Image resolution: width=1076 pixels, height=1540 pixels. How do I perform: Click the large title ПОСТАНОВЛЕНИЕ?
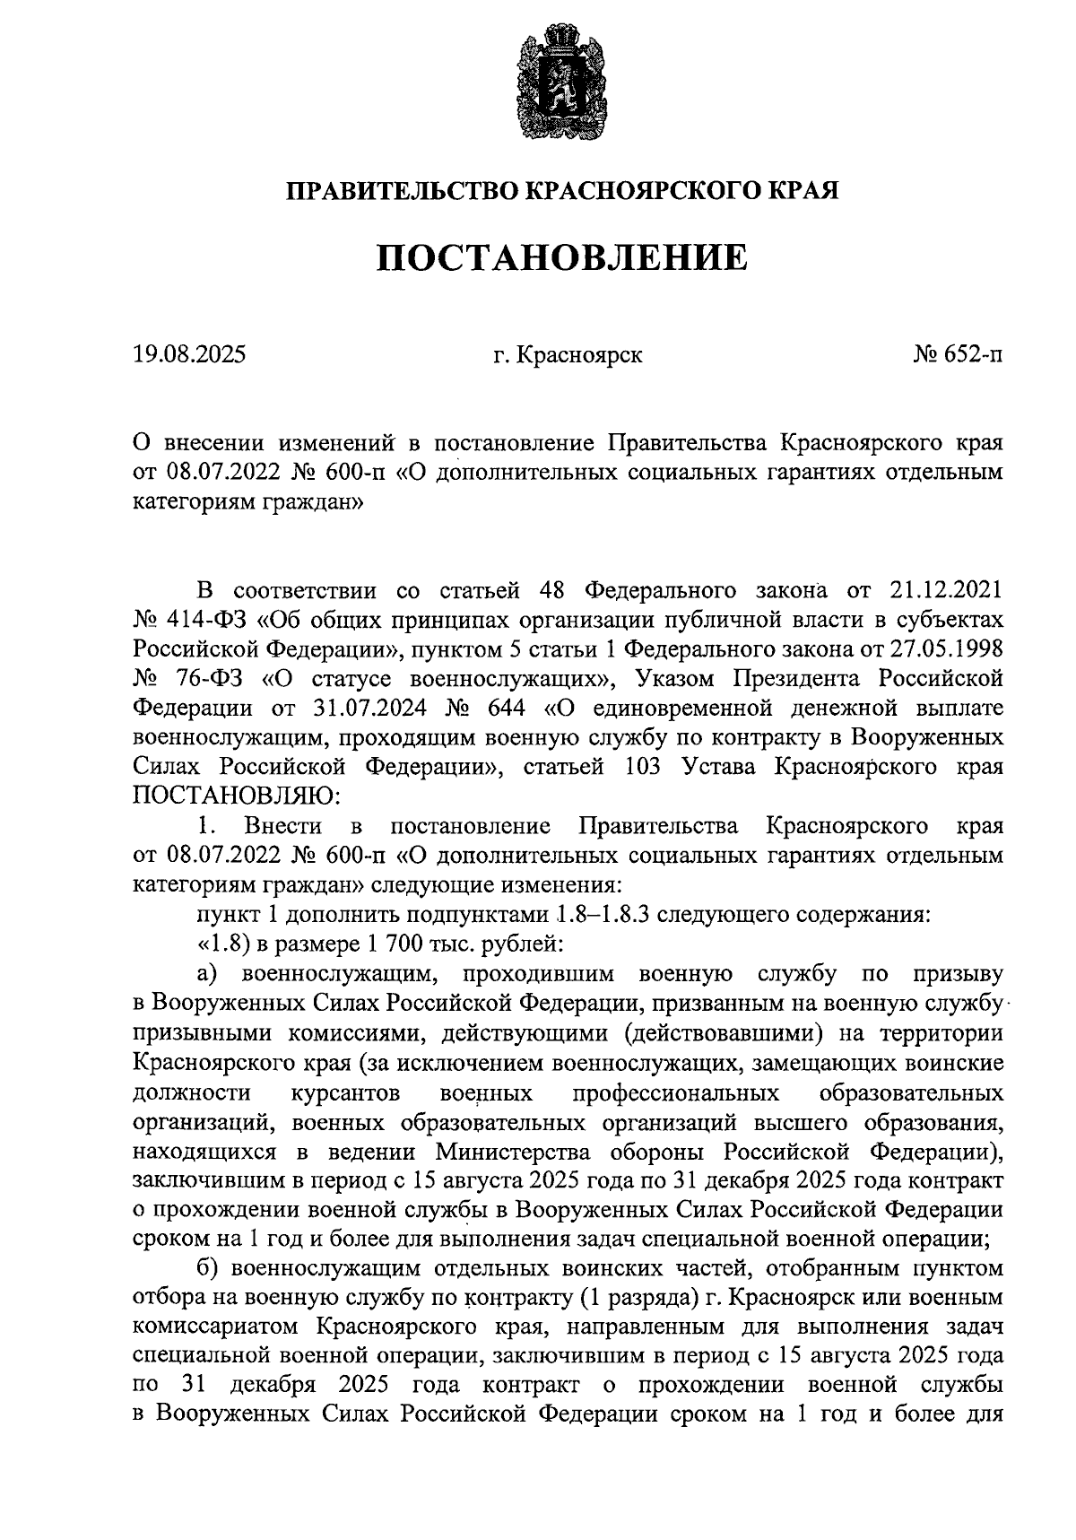(x=560, y=257)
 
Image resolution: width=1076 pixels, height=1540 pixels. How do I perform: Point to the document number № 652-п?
(x=958, y=355)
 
